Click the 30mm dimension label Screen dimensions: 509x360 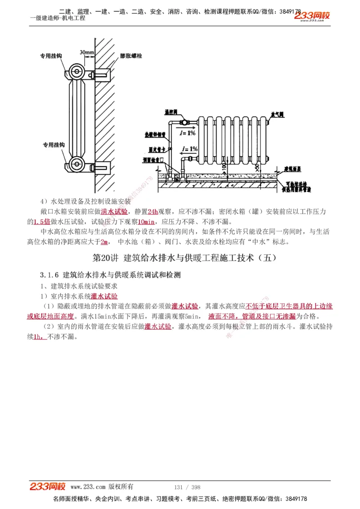tap(87, 52)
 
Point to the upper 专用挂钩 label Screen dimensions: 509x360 tap(51, 57)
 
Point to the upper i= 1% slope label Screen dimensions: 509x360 tap(187, 134)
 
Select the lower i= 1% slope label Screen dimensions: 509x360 tap(189, 148)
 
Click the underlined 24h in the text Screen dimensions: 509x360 tap(153, 211)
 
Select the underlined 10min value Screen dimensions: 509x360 tap(146, 222)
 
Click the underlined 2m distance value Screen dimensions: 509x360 tap(105, 242)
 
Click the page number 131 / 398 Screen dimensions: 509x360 tap(187, 487)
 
